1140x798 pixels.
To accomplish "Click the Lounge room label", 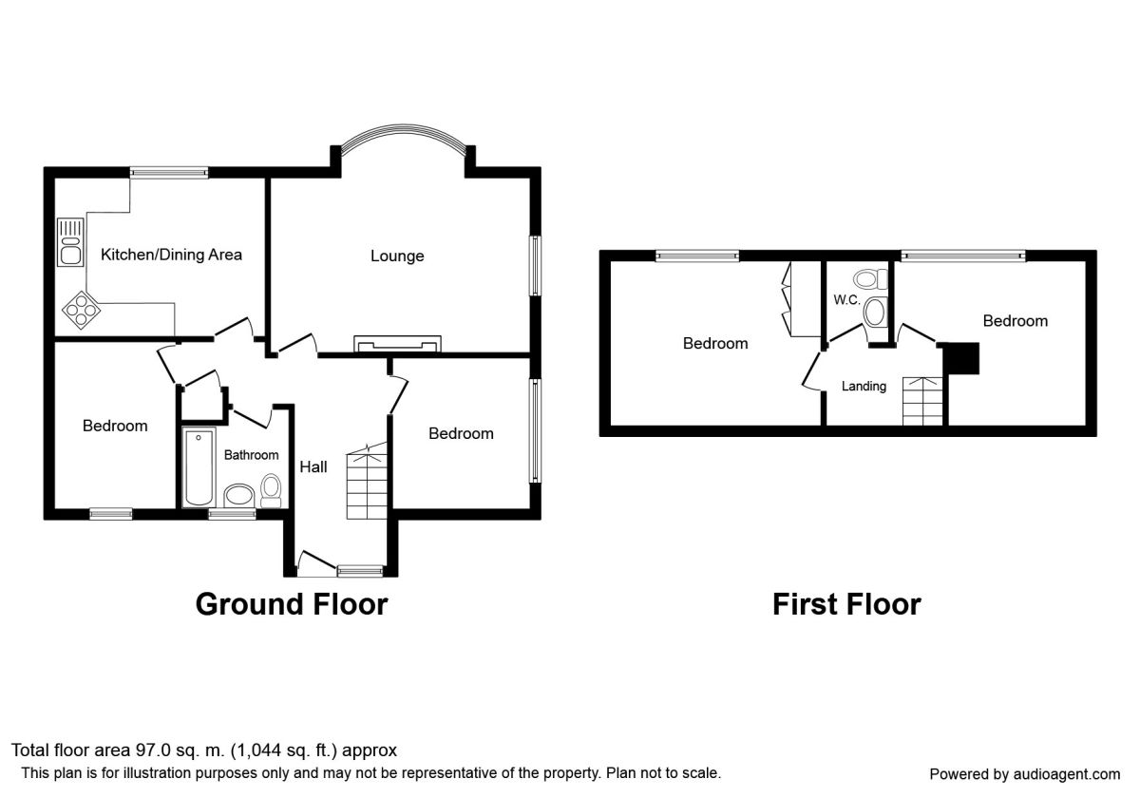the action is [x=397, y=256].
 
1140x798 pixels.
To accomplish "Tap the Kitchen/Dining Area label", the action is [x=171, y=255].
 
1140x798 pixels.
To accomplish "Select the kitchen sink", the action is [x=70, y=242].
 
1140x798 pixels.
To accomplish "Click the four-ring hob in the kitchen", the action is [x=81, y=310].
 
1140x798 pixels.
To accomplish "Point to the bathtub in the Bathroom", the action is [x=198, y=467].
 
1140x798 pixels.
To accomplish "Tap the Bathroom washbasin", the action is [x=238, y=495].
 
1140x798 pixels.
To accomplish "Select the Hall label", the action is [x=313, y=467].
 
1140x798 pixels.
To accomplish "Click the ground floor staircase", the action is [x=367, y=481].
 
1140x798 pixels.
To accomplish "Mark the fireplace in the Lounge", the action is [x=397, y=344].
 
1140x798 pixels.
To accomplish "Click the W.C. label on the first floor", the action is [x=846, y=300].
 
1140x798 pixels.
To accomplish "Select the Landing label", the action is [x=864, y=387].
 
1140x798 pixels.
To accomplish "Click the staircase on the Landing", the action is [x=922, y=401].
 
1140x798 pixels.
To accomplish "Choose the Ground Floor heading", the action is [x=292, y=604].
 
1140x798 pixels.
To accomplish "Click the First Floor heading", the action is [x=846, y=604].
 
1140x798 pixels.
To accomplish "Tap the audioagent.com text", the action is [x=1067, y=774].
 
